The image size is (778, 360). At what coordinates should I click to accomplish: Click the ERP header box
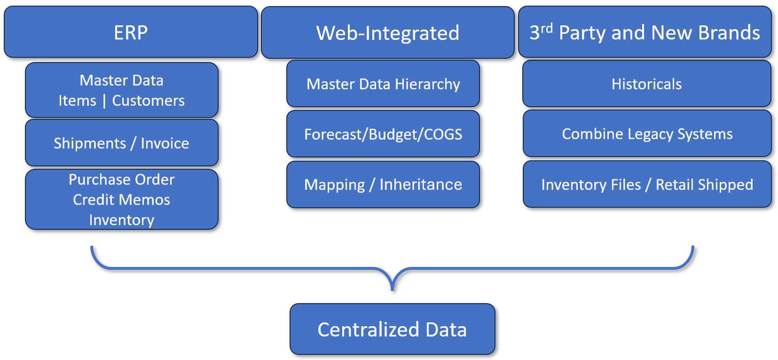[131, 32]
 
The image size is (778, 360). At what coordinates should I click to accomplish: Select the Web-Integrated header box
[387, 32]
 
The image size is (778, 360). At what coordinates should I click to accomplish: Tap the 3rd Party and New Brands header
[644, 32]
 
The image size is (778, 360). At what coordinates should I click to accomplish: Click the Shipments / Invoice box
[121, 143]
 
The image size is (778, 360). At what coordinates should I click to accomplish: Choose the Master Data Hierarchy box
[383, 84]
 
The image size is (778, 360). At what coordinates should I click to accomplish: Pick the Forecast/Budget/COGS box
[383, 134]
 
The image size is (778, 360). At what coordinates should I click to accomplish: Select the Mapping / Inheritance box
[383, 184]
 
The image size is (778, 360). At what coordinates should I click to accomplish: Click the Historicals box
[646, 84]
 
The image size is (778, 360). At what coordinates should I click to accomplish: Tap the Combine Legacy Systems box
[647, 133]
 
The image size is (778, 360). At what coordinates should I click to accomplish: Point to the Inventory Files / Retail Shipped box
[647, 184]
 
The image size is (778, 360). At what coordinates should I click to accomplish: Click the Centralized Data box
[392, 329]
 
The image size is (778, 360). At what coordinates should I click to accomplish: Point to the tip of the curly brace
[393, 289]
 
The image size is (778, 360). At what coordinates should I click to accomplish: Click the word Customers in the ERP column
[148, 101]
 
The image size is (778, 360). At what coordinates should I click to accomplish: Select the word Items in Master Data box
[77, 101]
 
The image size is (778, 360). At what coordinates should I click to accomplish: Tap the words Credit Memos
[121, 200]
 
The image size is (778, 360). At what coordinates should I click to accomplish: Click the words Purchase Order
[121, 180]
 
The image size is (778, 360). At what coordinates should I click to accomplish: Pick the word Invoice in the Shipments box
[165, 143]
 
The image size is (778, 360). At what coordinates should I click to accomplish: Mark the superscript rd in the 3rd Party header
[546, 28]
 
